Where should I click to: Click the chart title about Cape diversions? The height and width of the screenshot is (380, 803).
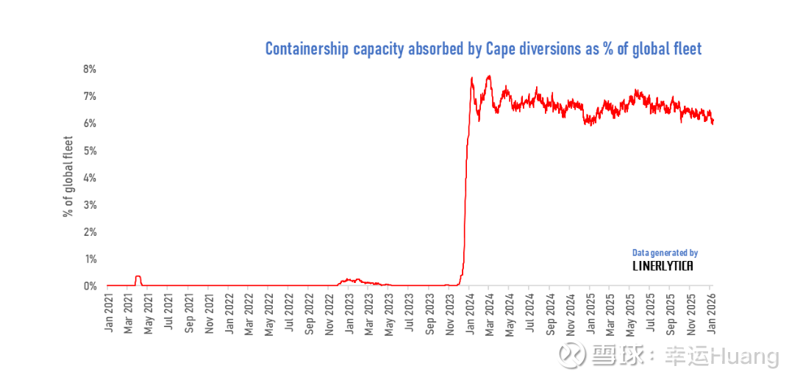click(483, 49)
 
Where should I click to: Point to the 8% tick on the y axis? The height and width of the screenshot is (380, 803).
click(89, 69)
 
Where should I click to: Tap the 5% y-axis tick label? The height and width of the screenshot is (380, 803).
click(89, 151)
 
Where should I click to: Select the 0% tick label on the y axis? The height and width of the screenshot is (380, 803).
click(89, 286)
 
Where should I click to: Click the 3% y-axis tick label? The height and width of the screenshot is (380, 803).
click(89, 205)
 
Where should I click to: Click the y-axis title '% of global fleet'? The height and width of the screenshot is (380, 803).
click(68, 176)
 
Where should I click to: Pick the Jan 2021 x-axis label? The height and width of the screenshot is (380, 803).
click(108, 312)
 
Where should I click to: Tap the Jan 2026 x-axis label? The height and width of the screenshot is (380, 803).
click(711, 312)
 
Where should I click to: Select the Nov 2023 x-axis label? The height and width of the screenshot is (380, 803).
click(449, 312)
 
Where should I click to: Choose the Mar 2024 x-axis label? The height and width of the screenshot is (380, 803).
click(490, 312)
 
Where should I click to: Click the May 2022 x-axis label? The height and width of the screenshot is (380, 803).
click(269, 312)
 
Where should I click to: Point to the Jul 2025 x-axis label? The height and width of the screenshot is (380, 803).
click(650, 312)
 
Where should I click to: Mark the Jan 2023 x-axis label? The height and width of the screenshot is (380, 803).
click(349, 312)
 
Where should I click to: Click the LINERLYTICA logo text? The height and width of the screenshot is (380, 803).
click(663, 266)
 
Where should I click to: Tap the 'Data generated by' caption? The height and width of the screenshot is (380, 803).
click(665, 253)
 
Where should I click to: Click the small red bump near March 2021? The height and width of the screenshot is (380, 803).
click(138, 277)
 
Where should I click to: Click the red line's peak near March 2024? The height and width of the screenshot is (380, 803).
click(488, 76)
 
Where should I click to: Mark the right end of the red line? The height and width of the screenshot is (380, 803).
click(713, 122)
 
